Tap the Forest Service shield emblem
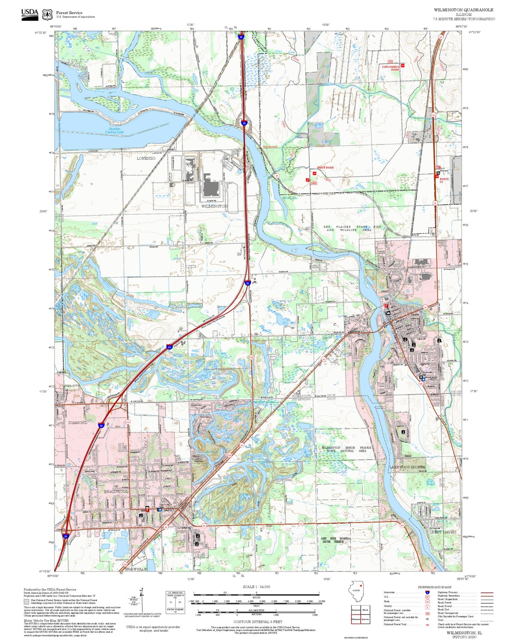[x=47, y=14]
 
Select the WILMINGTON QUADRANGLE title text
[x=463, y=10]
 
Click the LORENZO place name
[x=146, y=158]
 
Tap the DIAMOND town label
[x=77, y=422]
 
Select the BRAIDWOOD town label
[x=116, y=492]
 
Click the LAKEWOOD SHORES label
[x=407, y=467]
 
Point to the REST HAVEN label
[x=444, y=532]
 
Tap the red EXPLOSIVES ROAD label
[x=390, y=68]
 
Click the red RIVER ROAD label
[x=325, y=168]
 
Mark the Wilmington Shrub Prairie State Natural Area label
[x=346, y=449]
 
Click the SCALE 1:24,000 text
[x=256, y=587]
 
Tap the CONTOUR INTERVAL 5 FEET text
[x=258, y=622]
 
